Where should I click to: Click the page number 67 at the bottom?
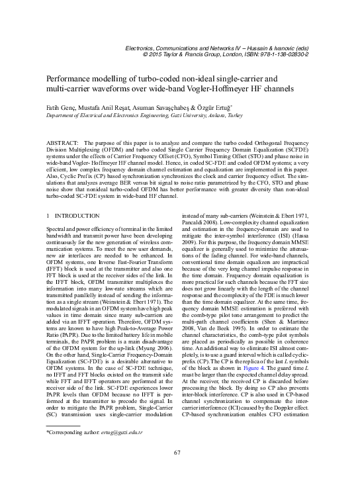coord(177,471)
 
